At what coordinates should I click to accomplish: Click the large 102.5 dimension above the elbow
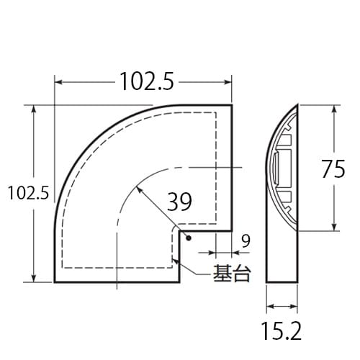tap(147, 83)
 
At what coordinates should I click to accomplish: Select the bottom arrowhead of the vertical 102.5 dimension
tap(34, 278)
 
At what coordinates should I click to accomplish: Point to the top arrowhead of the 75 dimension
tap(335, 109)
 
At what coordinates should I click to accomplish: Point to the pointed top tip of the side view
tap(297, 105)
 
